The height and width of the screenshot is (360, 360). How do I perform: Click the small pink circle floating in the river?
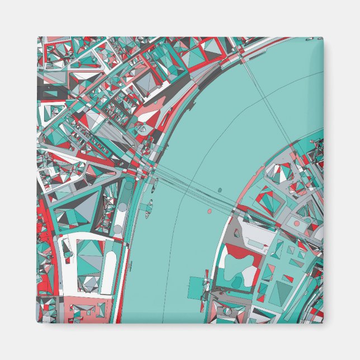pos(210,212)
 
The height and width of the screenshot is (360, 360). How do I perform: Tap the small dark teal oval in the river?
pos(220,190)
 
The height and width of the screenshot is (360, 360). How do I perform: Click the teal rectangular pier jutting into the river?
pos(196,286)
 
